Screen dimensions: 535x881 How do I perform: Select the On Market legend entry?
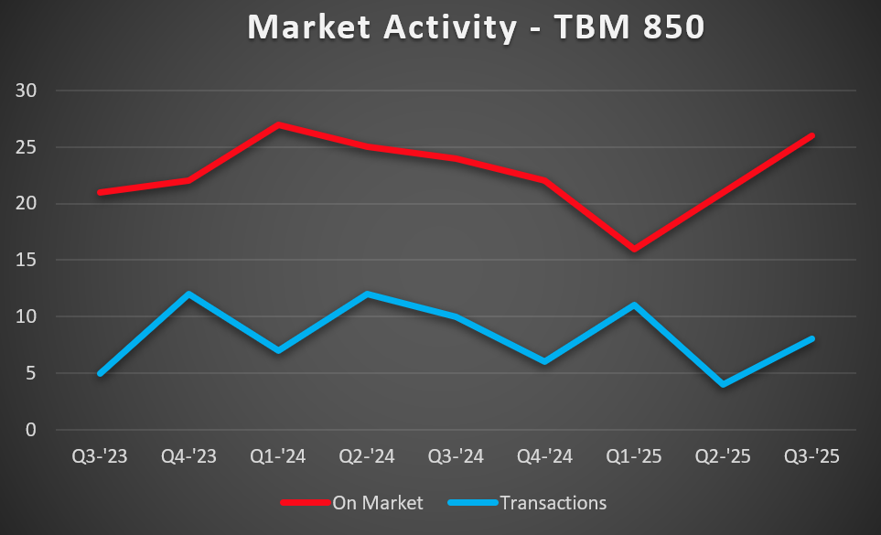pos(351,502)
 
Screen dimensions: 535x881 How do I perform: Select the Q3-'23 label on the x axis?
pos(99,456)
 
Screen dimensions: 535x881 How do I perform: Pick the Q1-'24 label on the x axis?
pos(278,456)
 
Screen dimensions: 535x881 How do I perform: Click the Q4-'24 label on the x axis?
pos(545,456)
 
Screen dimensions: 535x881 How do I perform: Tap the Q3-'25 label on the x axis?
pos(812,456)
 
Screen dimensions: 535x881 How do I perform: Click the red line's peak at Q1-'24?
pos(278,124)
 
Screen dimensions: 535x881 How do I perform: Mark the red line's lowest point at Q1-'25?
pos(634,249)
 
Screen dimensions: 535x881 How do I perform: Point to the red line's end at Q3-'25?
pos(811,135)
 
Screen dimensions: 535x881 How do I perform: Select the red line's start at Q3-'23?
pos(100,192)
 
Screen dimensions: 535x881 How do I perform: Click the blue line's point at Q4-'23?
pos(188,294)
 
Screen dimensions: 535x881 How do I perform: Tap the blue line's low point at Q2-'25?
pos(723,384)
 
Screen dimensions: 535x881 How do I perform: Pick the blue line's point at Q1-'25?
pos(634,305)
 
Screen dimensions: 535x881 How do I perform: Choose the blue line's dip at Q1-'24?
pos(278,350)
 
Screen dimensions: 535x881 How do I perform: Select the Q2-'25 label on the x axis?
pos(724,456)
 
